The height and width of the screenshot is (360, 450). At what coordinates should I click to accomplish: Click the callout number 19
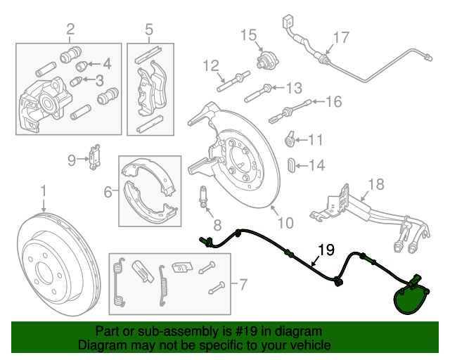coord(325,250)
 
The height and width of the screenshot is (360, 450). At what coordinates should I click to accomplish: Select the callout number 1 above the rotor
coord(44,191)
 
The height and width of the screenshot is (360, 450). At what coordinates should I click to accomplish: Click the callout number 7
coord(243,285)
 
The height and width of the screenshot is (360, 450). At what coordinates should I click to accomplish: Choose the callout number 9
coord(71,160)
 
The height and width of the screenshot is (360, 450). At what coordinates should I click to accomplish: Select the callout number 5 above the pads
coord(149,29)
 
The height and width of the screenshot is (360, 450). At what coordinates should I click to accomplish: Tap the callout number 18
coord(376,185)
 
